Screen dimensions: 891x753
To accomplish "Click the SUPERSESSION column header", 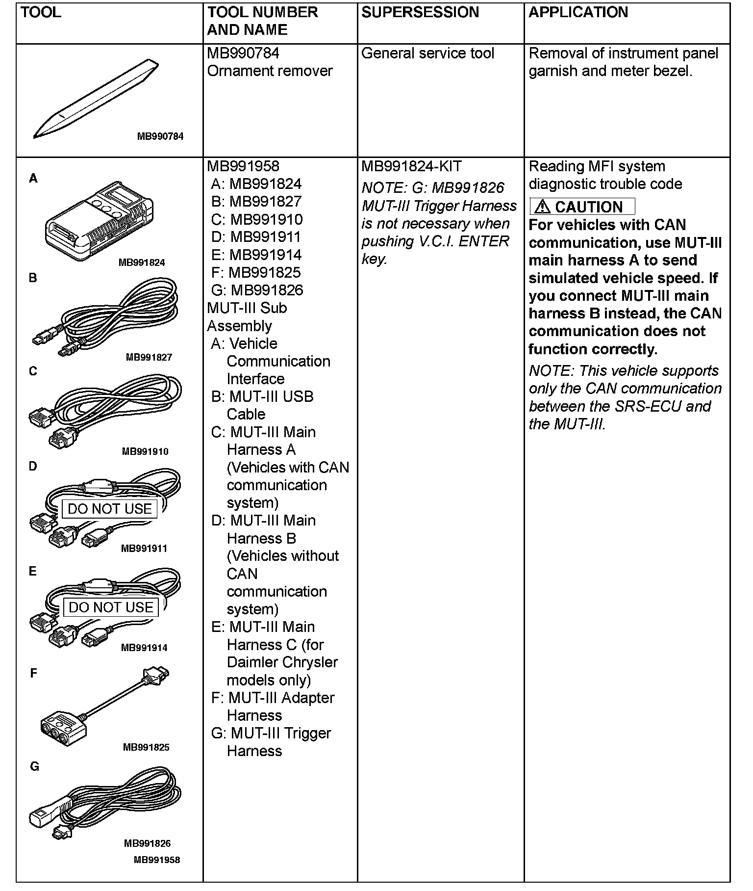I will [x=420, y=12].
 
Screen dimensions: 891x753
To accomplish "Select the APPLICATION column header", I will [x=578, y=12].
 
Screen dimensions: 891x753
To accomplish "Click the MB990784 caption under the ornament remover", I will [x=160, y=136].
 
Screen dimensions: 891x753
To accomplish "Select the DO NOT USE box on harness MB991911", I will [x=110, y=509].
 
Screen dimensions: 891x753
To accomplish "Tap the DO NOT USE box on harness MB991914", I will [x=111, y=607].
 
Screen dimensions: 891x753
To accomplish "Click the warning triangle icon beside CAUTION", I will [x=543, y=207].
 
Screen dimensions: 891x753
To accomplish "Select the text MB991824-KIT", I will [x=411, y=167].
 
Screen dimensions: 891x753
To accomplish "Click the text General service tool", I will [x=427, y=53].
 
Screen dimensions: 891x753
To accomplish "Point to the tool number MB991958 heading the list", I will [x=243, y=166].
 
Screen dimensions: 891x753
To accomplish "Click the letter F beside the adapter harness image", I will [x=33, y=673].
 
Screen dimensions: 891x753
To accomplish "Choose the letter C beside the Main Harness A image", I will [x=33, y=371].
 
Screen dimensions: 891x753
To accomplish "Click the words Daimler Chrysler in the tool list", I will [x=282, y=662].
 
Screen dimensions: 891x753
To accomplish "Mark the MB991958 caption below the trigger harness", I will [x=157, y=860].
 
